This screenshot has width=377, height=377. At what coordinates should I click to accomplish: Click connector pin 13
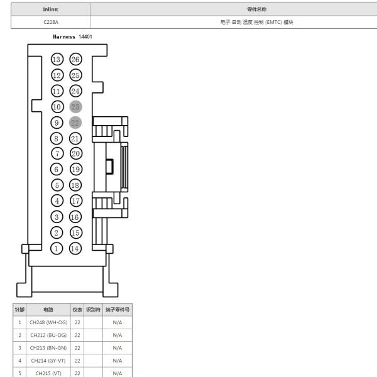(57, 59)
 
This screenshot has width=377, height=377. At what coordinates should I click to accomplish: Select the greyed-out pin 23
(76, 107)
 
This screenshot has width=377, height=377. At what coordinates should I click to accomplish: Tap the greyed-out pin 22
(75, 123)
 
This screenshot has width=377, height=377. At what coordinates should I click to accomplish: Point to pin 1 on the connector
(57, 248)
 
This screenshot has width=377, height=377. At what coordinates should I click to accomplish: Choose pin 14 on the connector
(75, 248)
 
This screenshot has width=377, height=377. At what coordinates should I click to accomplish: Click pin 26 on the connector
(76, 59)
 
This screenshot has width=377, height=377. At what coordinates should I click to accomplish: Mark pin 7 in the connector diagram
(57, 153)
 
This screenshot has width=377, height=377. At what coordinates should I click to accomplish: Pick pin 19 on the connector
(76, 169)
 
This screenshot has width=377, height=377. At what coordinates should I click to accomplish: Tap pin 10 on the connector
(57, 107)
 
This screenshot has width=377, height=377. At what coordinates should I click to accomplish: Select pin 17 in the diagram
(76, 201)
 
